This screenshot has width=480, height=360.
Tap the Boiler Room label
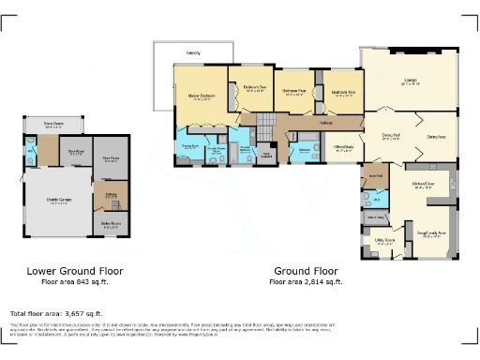point(111,223)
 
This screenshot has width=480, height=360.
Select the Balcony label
point(193,52)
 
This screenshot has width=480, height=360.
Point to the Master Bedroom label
point(200,97)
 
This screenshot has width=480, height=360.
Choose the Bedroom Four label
point(295,92)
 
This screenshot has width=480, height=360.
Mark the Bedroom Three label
point(344,92)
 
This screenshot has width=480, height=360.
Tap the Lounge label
point(410,81)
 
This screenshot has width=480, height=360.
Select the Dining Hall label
point(391,139)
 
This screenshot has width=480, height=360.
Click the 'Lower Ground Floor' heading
point(74,271)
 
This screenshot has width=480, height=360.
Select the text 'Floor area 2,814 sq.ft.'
point(306,281)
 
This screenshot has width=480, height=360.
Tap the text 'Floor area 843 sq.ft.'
point(74,281)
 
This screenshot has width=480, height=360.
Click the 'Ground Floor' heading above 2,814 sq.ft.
point(306,271)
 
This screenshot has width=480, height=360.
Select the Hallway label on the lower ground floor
point(110,194)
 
